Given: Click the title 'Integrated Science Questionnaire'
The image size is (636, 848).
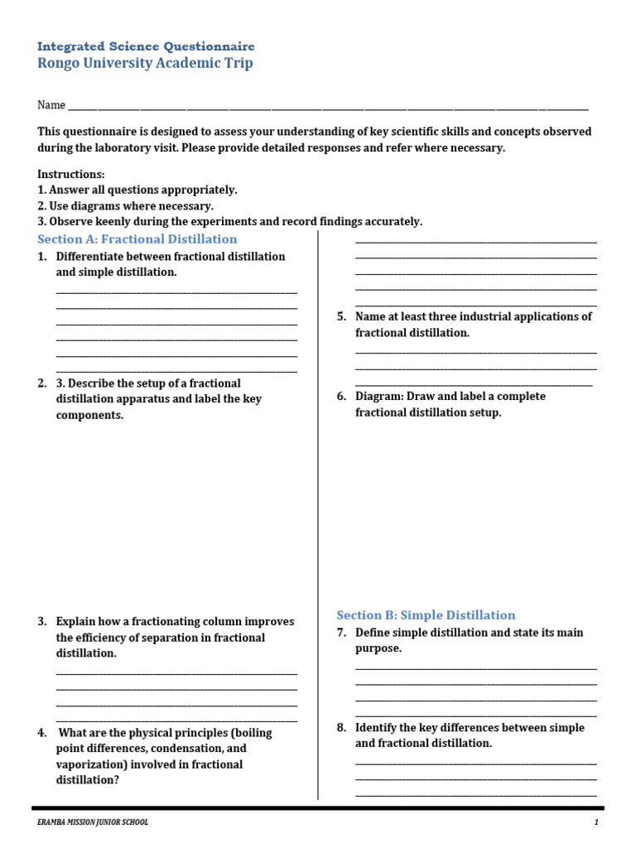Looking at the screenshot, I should (146, 46).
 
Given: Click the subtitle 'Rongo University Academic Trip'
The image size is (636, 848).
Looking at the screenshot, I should (145, 64).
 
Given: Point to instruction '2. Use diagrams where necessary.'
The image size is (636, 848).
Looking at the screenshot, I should (125, 205).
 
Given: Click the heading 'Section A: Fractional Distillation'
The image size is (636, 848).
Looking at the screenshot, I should (137, 238).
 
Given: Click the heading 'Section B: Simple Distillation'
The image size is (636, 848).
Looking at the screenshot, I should (426, 614).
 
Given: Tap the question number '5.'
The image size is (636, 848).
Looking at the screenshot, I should (341, 316).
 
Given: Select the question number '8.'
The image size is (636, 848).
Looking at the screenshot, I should (341, 727).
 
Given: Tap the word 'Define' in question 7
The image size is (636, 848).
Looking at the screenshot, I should (373, 632).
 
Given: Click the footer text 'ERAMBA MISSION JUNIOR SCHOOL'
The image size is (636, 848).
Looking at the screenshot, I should (93, 822).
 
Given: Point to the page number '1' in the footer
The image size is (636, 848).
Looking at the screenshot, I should (595, 822).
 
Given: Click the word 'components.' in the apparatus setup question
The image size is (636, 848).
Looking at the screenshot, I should (89, 415).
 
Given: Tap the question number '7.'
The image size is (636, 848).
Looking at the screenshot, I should (341, 632).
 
